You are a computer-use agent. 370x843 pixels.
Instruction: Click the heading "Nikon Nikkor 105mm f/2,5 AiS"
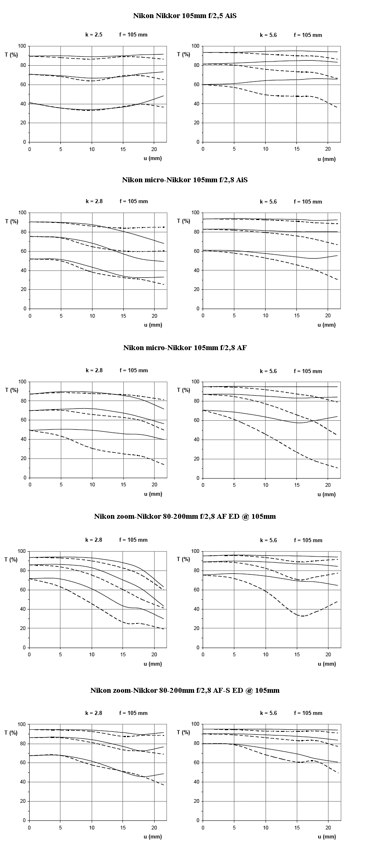point(185,16)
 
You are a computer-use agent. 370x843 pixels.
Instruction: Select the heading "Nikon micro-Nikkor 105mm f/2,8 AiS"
point(185,180)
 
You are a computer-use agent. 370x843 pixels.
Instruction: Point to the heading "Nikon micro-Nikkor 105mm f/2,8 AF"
point(185,348)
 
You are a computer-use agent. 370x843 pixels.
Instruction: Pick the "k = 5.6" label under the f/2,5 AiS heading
point(268,35)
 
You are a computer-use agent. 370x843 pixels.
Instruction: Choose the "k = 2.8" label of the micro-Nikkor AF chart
point(94,370)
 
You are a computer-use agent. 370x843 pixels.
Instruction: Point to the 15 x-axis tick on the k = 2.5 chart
point(123,149)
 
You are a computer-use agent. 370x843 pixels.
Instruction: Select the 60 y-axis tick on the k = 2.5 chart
point(23,85)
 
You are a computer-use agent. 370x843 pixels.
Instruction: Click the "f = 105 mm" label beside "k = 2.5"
point(134,35)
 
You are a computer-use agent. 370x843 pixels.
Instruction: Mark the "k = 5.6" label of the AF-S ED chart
point(268,713)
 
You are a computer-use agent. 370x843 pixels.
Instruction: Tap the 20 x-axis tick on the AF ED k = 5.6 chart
point(328,654)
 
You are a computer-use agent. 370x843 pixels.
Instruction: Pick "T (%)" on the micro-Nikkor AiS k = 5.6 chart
point(184,221)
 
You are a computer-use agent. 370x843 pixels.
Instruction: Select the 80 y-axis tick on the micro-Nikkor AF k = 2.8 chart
point(23,401)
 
